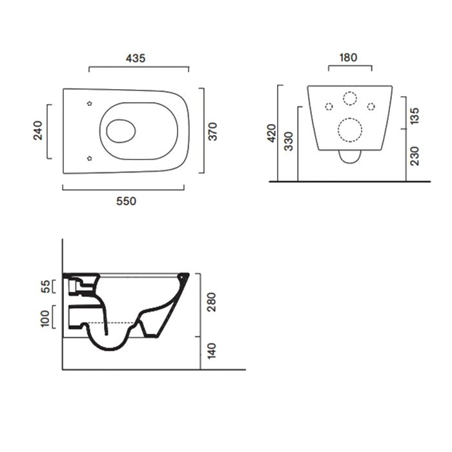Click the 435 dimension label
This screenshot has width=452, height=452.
click(136, 59)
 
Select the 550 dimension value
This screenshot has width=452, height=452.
click(127, 201)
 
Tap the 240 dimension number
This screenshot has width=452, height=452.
click(37, 130)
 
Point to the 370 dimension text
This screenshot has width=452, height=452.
click(212, 132)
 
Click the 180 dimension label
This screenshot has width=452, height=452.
click(348, 57)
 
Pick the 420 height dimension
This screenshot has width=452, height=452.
click(272, 133)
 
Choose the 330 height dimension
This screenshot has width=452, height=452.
click(289, 141)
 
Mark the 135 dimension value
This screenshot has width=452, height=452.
click(415, 116)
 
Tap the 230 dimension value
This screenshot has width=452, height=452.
click(415, 156)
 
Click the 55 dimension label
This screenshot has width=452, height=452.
click(45, 287)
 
